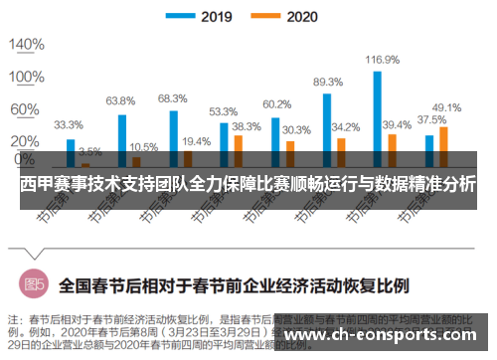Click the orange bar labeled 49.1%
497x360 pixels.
click(443, 145)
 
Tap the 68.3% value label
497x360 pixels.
click(172, 98)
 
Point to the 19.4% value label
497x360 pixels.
click(196, 142)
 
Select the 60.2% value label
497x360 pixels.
click(276, 103)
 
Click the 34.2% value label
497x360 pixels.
click(346, 127)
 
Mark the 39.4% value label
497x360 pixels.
click(397, 124)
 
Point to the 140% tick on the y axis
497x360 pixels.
click(27, 45)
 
